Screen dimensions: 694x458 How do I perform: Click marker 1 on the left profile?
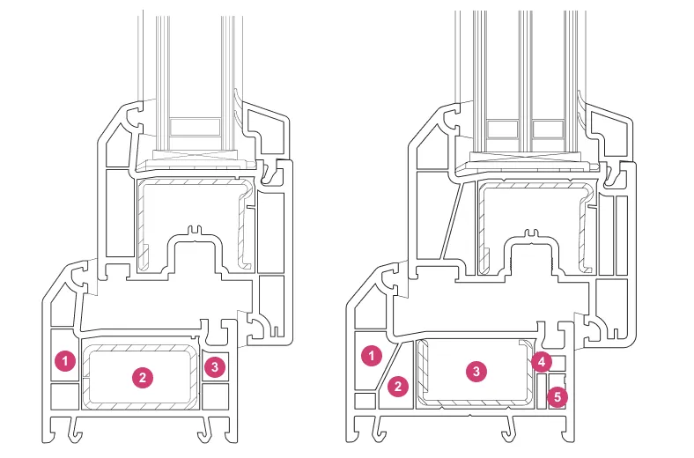tap(65, 361)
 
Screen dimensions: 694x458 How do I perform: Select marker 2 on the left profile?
tap(143, 378)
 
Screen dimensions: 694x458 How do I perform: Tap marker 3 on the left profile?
tap(215, 366)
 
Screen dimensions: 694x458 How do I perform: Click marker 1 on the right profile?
tap(372, 355)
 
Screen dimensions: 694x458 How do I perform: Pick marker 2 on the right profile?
tap(398, 387)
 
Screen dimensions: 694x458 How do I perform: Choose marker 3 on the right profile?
tap(476, 371)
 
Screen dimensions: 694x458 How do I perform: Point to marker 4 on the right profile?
tap(542, 362)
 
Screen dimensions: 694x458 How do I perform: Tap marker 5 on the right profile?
tap(557, 396)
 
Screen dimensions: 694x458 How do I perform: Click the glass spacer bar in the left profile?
tap(196, 127)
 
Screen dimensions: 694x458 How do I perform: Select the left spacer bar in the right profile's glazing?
tap(502, 129)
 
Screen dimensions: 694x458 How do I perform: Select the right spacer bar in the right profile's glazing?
tap(548, 129)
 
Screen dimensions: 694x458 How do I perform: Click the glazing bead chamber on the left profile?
tap(267, 129)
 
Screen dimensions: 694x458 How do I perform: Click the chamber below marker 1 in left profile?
tap(65, 395)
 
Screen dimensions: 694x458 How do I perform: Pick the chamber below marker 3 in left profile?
tap(215, 395)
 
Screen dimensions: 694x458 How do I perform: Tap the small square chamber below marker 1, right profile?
tap(365, 401)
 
